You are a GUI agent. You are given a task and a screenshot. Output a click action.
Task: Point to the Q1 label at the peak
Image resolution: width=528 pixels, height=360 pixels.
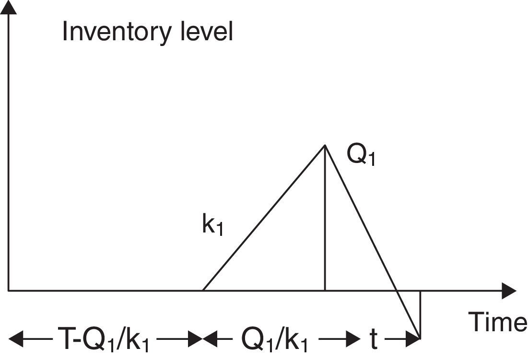(360, 156)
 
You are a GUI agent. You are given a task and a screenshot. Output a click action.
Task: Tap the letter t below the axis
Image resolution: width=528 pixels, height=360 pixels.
(373, 340)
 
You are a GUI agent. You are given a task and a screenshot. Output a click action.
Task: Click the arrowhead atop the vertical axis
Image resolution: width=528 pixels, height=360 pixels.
(9, 7)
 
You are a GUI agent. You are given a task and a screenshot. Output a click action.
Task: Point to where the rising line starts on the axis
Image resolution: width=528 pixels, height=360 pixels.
(203, 290)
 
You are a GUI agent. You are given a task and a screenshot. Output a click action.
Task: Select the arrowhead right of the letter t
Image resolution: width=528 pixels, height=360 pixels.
(415, 339)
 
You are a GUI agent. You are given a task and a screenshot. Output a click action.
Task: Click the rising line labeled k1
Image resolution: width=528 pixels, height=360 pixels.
(264, 218)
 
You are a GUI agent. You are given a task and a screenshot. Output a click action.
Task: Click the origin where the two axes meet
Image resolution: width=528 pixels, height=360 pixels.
(9, 290)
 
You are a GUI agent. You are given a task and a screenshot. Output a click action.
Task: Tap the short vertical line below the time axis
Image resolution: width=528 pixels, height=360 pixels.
(420, 314)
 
